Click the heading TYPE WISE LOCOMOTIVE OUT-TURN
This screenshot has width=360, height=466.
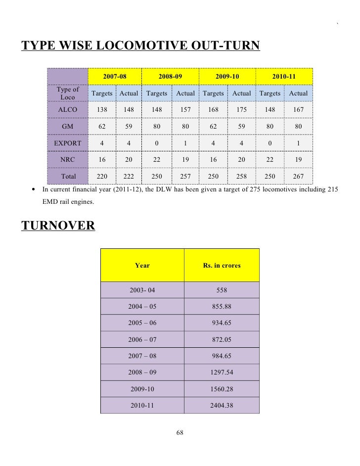tap(140, 46)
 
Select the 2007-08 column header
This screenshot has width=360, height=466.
tap(115, 77)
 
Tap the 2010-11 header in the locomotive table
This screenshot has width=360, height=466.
tap(284, 77)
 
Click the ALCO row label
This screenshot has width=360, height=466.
tap(67, 109)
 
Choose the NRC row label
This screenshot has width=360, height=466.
tap(67, 160)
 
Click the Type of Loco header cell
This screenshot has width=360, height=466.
tap(67, 93)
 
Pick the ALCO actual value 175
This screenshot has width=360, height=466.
tap(241, 109)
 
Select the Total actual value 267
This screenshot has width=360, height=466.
tap(298, 177)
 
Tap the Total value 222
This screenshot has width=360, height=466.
tap(129, 177)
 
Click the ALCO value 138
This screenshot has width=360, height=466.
tap(102, 109)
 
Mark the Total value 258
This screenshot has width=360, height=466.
tap(241, 177)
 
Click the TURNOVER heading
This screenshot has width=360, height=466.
tap(58, 226)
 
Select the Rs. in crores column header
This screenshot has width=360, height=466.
tap(222, 266)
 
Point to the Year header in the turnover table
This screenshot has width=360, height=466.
tap(142, 266)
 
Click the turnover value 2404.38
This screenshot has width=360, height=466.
tap(222, 405)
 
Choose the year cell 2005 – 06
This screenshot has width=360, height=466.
tap(142, 323)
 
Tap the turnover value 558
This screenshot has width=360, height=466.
tap(222, 290)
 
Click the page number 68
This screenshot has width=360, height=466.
tap(180, 433)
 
